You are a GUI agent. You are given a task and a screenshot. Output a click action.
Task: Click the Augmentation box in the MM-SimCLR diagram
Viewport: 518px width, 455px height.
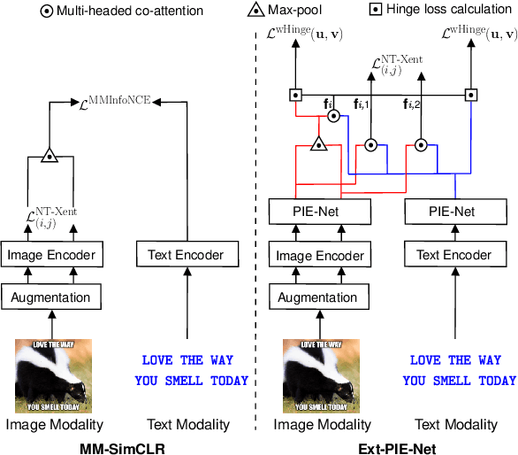click(50, 297)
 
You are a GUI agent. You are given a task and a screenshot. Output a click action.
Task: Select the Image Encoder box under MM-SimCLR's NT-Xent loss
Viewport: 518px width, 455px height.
click(50, 255)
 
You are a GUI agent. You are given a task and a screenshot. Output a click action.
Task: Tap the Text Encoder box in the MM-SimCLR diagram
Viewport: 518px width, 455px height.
click(186, 255)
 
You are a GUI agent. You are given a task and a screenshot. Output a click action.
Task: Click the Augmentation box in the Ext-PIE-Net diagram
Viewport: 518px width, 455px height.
click(318, 297)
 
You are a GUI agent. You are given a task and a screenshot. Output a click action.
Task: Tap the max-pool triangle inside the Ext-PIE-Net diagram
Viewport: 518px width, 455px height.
click(318, 145)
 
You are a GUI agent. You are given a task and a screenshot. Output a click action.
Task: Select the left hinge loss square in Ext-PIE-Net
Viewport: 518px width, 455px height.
click(296, 94)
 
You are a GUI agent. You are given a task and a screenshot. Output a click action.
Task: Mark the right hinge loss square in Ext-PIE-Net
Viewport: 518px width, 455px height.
click(472, 94)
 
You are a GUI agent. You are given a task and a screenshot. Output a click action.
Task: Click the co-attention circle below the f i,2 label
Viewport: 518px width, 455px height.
click(422, 143)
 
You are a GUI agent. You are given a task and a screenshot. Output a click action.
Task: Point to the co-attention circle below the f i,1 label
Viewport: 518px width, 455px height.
click(371, 143)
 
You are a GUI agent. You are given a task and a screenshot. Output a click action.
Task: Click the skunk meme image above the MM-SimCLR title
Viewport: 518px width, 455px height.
click(50, 376)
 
